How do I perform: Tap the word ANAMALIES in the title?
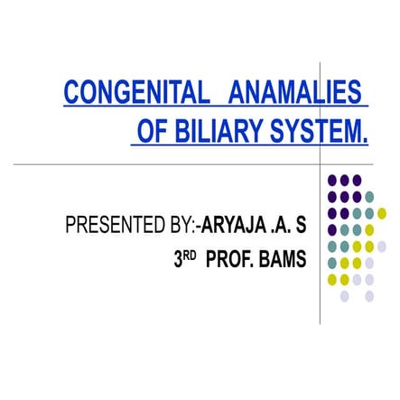coord(296,93)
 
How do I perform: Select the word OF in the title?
coord(150,134)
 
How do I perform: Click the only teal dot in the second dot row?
coord(369,198)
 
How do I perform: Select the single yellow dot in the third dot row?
coord(381,214)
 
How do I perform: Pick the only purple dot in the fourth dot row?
coord(333,230)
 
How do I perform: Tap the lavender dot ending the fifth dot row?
coord(381,247)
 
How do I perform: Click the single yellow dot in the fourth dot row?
coord(369,230)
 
